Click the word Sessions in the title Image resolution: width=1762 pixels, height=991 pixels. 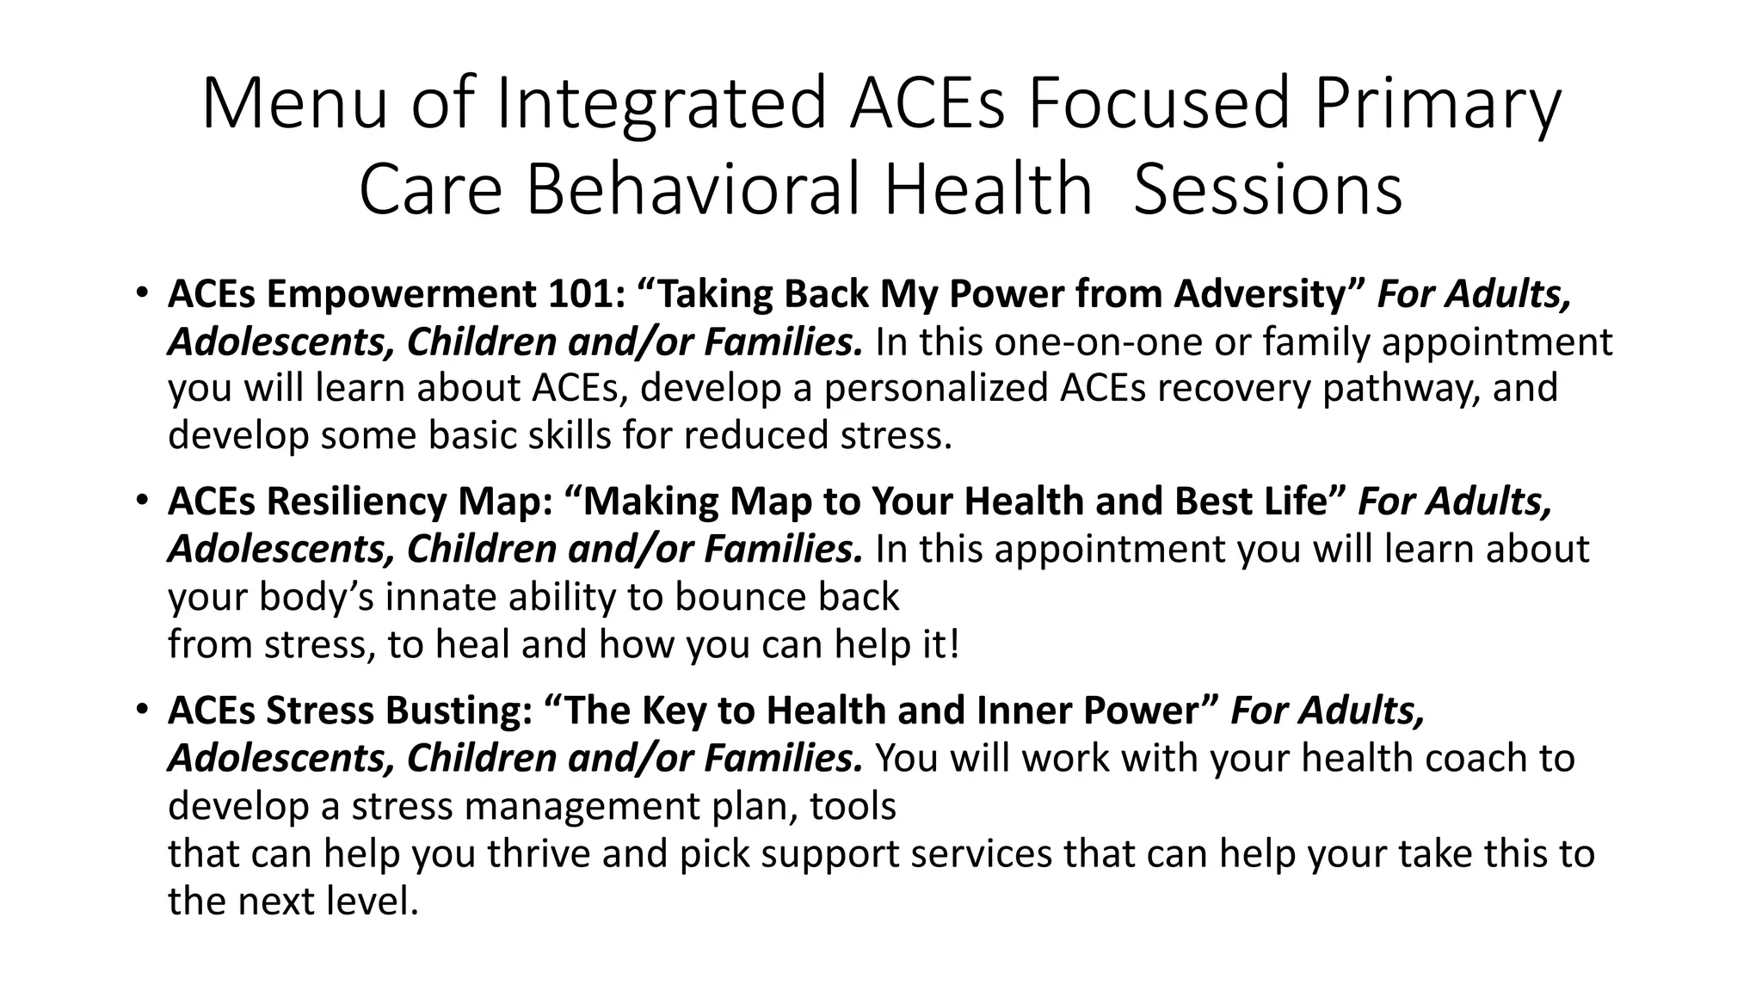coord(1268,189)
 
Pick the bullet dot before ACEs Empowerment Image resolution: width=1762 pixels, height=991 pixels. coord(141,292)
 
